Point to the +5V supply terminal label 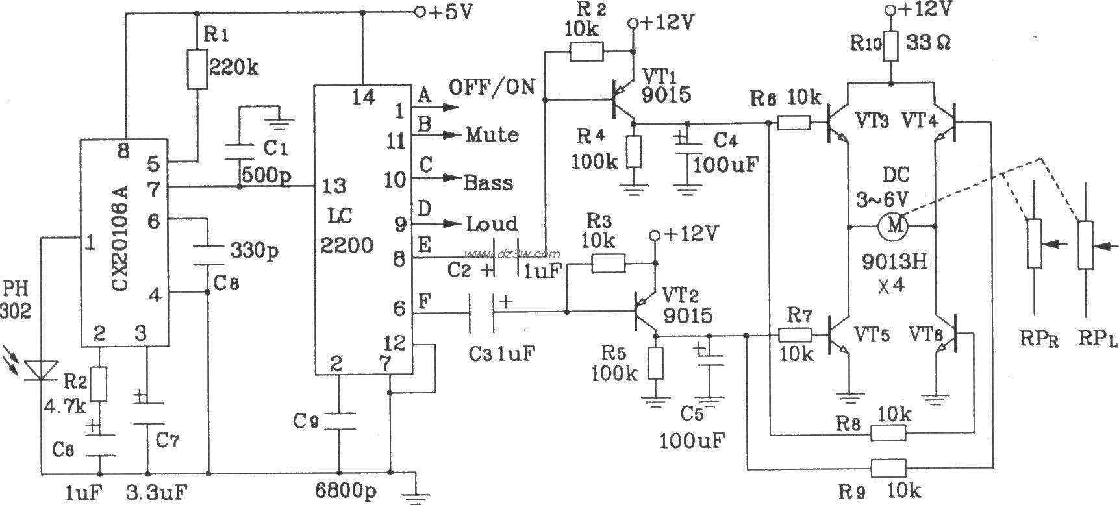point(446,12)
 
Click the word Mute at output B point(492,135)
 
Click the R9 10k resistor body point(888,467)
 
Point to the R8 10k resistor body point(888,433)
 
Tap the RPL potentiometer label point(1097,338)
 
